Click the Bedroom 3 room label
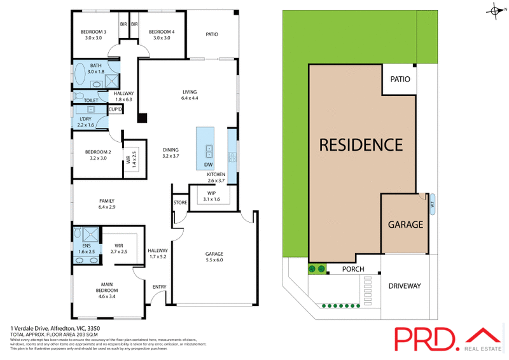[93, 35]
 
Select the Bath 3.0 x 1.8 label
[96, 69]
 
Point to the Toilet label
[91, 100]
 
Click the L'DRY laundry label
[86, 121]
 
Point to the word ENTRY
[159, 287]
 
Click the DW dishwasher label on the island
[208, 165]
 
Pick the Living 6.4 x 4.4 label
[190, 95]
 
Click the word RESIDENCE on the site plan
[360, 145]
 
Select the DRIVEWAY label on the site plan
[405, 286]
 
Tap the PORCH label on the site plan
[353, 269]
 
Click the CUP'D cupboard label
[116, 109]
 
